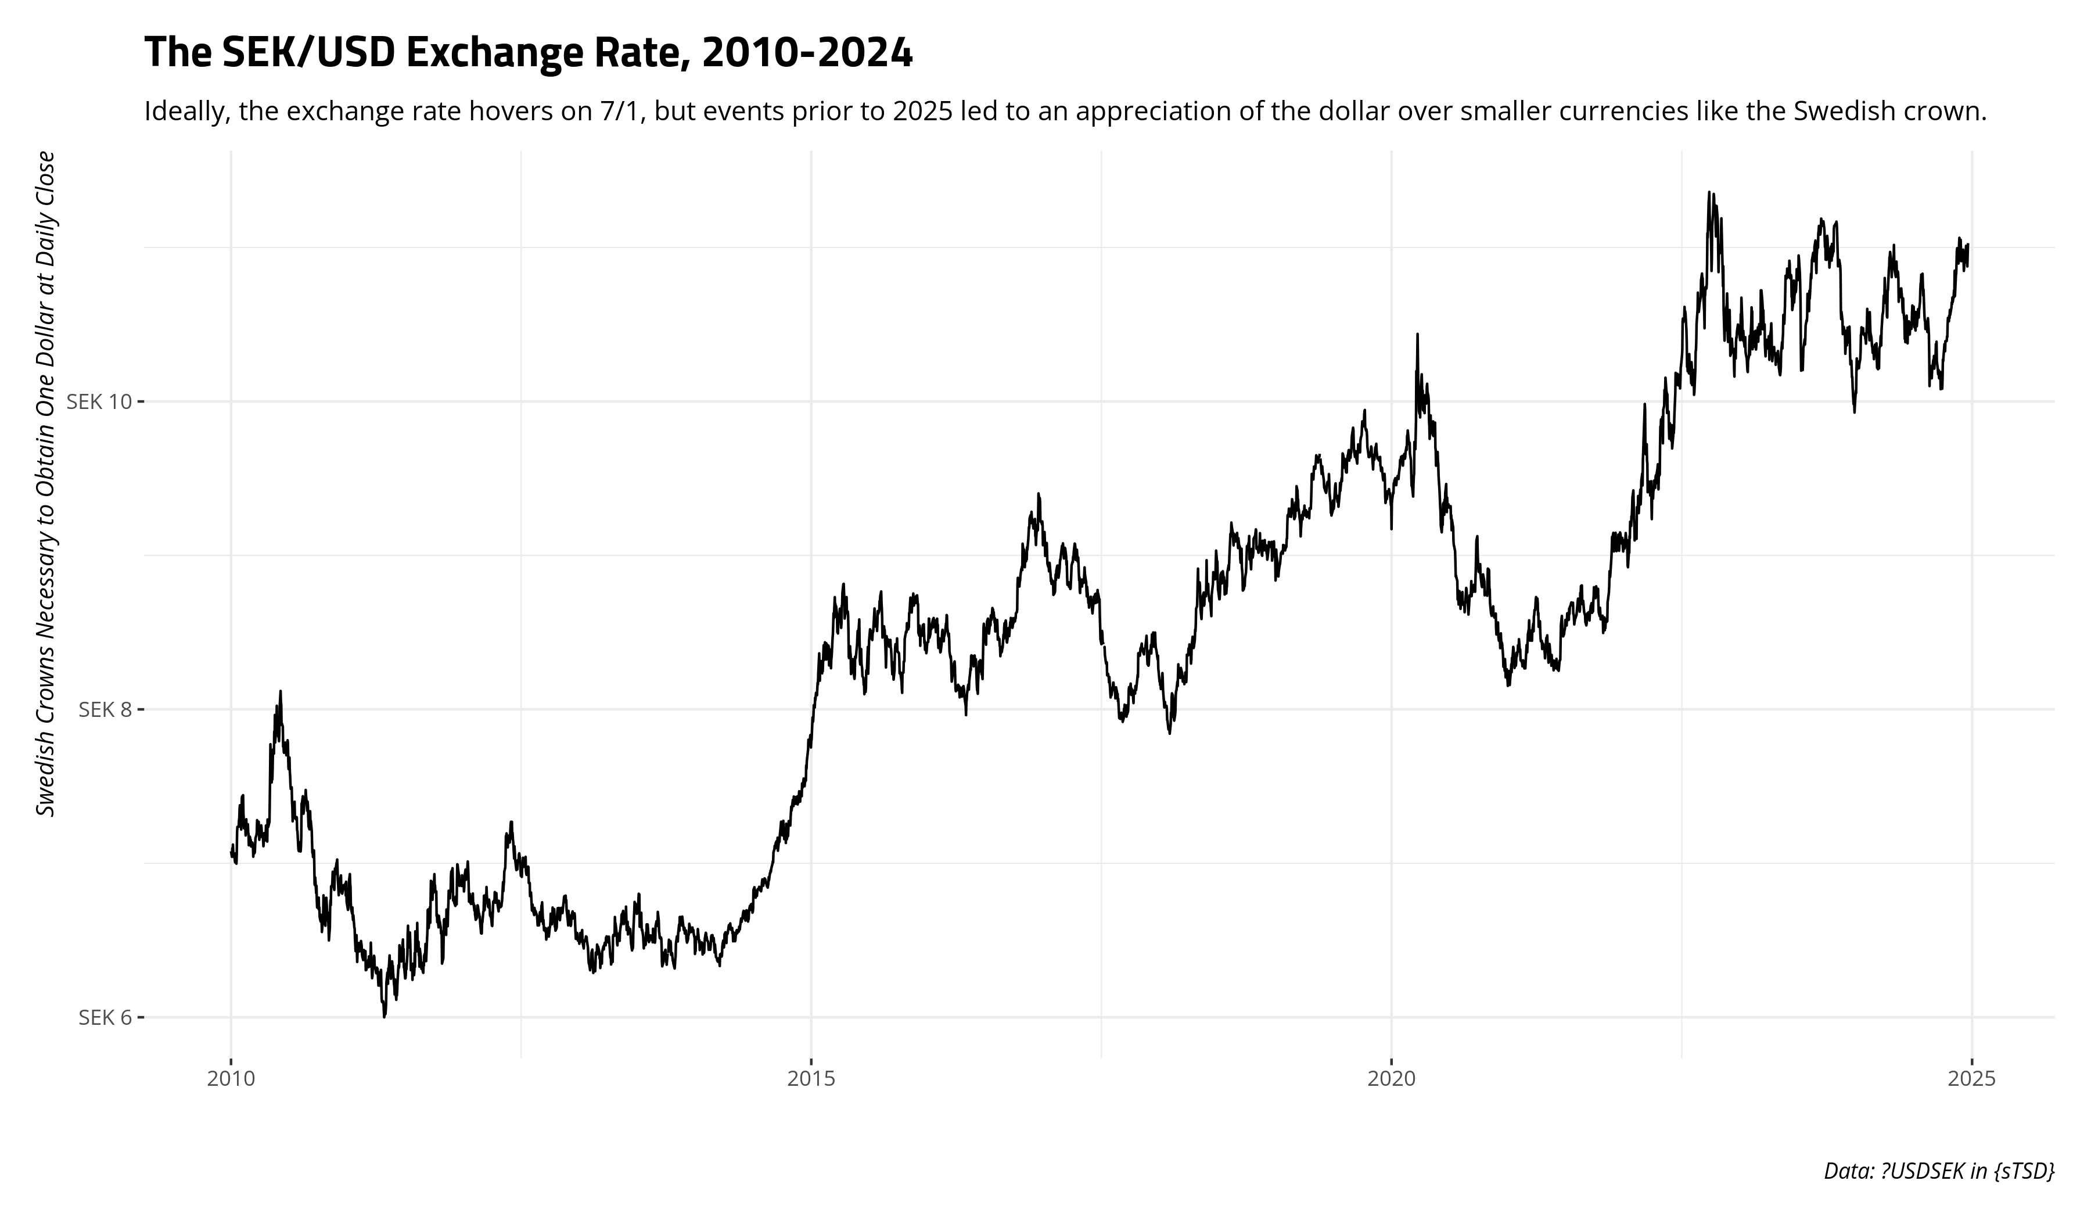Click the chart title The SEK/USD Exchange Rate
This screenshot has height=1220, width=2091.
[x=528, y=53]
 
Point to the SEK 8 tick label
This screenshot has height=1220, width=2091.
[x=105, y=709]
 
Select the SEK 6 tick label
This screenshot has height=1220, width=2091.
[x=105, y=1017]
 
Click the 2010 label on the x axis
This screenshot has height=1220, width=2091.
[x=231, y=1080]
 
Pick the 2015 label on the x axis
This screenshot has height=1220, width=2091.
[x=811, y=1080]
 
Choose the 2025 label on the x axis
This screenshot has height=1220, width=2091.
[x=1971, y=1080]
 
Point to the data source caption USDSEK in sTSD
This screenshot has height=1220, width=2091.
[x=1938, y=1171]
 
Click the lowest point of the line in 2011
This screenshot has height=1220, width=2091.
[x=384, y=1016]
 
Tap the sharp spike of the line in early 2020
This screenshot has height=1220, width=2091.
[x=1417, y=335]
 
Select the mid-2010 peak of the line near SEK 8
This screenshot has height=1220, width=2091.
[x=281, y=691]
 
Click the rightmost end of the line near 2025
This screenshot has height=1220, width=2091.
[x=1967, y=246]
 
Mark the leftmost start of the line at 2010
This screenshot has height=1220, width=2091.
[x=231, y=853]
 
